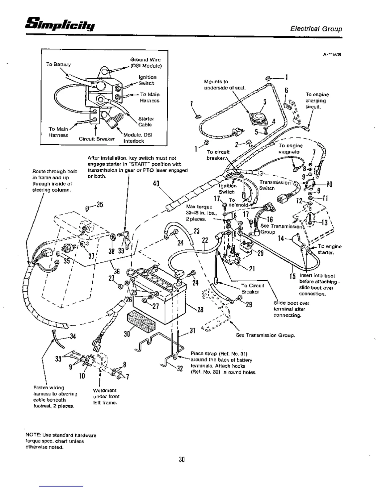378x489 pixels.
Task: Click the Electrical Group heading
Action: point(316,29)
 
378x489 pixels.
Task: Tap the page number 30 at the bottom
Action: point(182,459)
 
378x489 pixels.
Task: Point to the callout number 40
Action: point(156,184)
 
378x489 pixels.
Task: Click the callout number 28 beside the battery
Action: point(200,309)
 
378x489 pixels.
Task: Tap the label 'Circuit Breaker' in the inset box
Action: point(96,139)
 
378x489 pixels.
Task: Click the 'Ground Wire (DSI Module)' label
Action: point(145,63)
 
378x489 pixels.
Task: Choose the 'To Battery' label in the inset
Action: point(58,64)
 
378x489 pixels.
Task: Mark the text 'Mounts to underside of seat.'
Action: point(225,85)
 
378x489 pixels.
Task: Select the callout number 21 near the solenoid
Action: point(252,269)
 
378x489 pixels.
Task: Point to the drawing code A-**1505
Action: point(332,55)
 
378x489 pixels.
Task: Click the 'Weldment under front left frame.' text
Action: point(106,396)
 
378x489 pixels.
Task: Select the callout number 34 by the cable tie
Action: point(73,336)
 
